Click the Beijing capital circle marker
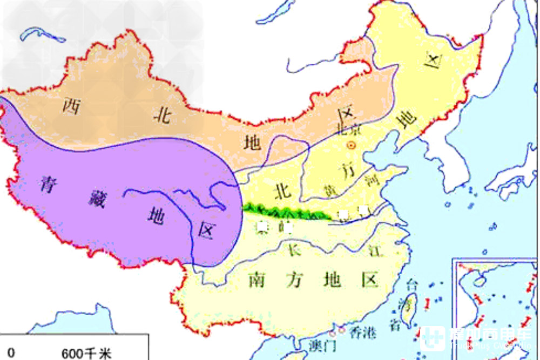point(352,145)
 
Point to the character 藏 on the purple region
point(97,199)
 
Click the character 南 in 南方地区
point(259,280)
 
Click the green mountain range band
point(286,211)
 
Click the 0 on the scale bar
point(11,353)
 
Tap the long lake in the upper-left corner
point(43,36)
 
